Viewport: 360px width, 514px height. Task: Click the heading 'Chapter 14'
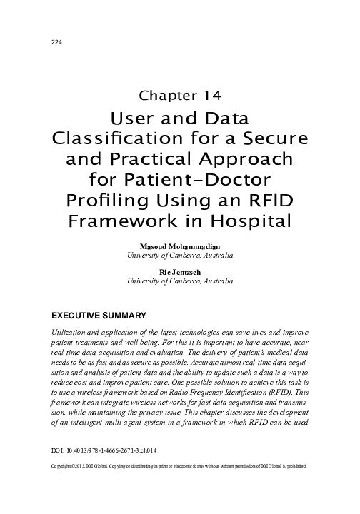[x=179, y=94]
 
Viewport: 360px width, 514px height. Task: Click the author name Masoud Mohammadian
[x=179, y=246]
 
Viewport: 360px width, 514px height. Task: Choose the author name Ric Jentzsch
[x=179, y=272]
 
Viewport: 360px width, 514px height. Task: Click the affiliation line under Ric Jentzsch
[x=179, y=281]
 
